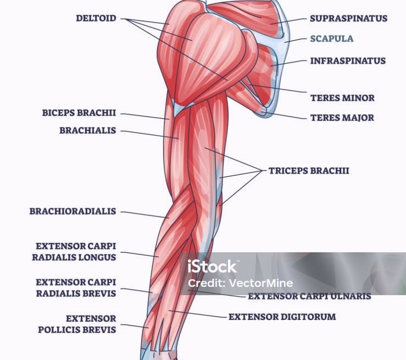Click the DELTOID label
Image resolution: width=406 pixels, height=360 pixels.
pos(96,18)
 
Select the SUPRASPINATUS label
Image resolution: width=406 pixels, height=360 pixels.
pos(348,18)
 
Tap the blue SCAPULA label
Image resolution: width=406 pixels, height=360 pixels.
pos(332,39)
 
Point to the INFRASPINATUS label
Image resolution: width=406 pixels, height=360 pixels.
pos(348,60)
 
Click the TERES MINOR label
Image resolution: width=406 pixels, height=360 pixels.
pos(342,98)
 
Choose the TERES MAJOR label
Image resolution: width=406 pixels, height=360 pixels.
pos(342,118)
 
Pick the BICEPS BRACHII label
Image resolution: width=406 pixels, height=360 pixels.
pos(79,113)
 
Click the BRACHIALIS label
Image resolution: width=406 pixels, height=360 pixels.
pos(87,131)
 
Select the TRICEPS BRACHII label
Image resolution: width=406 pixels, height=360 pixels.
pos(309,170)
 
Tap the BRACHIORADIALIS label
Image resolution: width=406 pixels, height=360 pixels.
pos(73,211)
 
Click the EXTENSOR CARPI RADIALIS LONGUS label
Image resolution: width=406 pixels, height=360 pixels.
pos(76,251)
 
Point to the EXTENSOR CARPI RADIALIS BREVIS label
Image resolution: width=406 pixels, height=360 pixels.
pos(76,287)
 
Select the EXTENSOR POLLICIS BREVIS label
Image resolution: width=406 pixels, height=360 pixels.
pos(77,324)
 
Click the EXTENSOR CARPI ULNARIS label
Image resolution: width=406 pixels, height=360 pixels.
pos(309,296)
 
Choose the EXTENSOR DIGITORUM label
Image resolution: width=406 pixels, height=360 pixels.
pos(282,317)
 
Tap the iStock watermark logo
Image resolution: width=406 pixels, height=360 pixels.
pos(212,267)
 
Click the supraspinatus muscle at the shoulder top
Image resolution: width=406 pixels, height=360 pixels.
pos(247,16)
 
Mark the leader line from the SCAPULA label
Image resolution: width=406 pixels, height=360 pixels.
pos(296,40)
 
